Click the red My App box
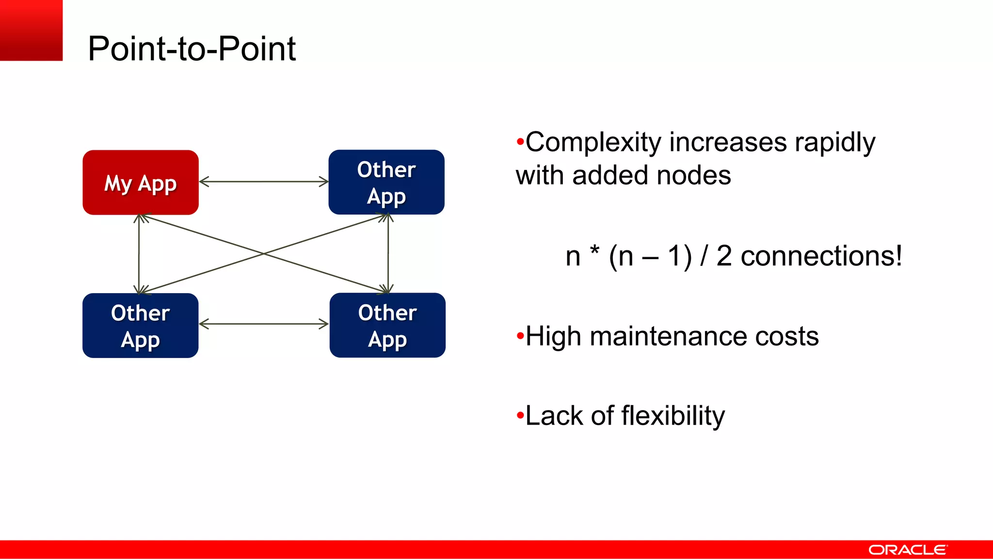pyautogui.click(x=141, y=182)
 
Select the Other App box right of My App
pyautogui.click(x=386, y=182)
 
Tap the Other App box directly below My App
pyautogui.click(x=141, y=326)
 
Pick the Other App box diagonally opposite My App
pyautogui.click(x=387, y=326)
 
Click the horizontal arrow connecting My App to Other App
pyautogui.click(x=264, y=182)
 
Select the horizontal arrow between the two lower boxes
pyautogui.click(x=264, y=324)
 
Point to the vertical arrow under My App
pyautogui.click(x=139, y=254)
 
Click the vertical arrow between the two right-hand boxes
pyautogui.click(x=388, y=254)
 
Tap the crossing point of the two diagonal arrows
pyautogui.click(x=264, y=253)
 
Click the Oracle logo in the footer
pyautogui.click(x=907, y=550)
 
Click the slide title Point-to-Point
pyautogui.click(x=192, y=49)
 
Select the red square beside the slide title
pyautogui.click(x=31, y=30)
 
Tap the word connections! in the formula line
pyautogui.click(x=821, y=256)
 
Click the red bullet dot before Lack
pyautogui.click(x=520, y=415)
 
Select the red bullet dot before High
pyautogui.click(x=520, y=336)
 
